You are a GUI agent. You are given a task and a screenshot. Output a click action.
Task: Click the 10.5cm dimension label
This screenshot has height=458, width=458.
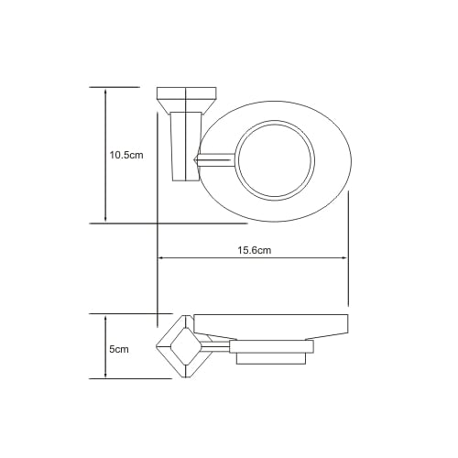(x=126, y=155)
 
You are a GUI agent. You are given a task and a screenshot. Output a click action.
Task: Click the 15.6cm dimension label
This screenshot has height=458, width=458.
(x=255, y=250)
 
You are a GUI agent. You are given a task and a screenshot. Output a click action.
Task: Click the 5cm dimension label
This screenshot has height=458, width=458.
(x=119, y=349)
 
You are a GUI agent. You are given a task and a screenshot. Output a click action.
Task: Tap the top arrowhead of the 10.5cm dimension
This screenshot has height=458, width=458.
(x=105, y=92)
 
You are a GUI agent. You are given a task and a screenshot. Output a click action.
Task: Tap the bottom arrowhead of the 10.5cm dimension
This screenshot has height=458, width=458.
(x=105, y=218)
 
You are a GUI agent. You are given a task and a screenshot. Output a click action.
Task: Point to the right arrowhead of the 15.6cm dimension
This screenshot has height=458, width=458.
(x=343, y=258)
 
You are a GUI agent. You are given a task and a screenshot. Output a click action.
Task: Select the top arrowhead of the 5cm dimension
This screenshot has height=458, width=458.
(x=105, y=319)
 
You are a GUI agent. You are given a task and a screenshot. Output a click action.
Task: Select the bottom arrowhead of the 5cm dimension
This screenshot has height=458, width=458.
(x=105, y=374)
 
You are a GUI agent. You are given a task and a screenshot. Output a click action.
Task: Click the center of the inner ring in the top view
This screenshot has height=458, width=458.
(x=275, y=160)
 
